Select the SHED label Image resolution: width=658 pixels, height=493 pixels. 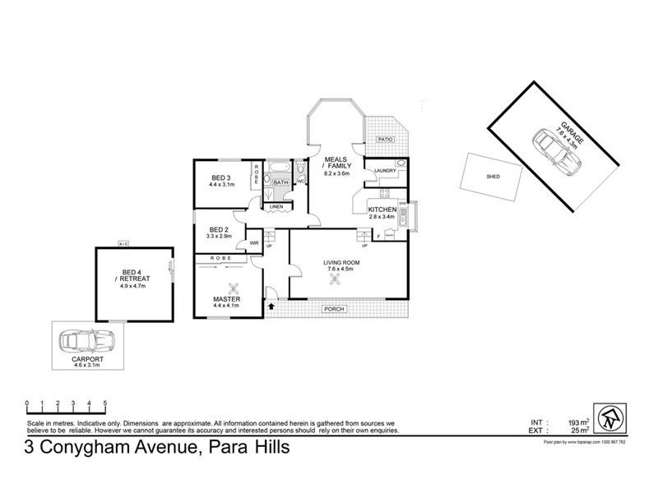click(x=493, y=176)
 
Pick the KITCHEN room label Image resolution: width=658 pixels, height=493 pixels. click(x=382, y=210)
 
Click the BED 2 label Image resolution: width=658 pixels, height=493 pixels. click(x=218, y=229)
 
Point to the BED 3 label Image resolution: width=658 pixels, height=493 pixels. click(x=220, y=178)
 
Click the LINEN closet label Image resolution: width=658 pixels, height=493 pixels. click(x=276, y=206)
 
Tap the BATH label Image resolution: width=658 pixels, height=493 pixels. click(x=280, y=182)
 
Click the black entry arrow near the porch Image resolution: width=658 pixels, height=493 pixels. click(x=273, y=307)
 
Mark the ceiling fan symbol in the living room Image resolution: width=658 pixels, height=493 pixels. click(x=335, y=279)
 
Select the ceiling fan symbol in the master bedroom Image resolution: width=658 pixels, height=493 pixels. click(x=234, y=288)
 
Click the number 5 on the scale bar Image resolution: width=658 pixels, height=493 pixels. click(x=104, y=403)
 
